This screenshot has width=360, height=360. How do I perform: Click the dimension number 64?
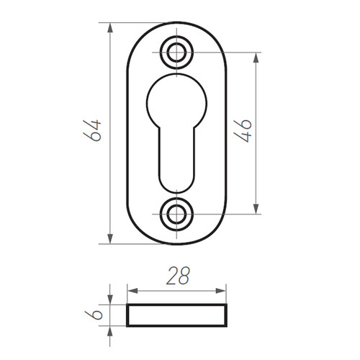click(x=92, y=130)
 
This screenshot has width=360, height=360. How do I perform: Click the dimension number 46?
click(x=243, y=130)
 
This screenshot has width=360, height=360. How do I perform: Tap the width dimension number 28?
click(x=178, y=276)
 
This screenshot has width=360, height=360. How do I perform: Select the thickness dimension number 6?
click(x=94, y=315)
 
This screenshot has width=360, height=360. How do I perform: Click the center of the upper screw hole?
click(x=176, y=53)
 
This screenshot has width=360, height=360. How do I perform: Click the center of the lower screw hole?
click(x=176, y=214)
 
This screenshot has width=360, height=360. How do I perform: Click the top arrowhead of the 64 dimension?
click(x=110, y=28)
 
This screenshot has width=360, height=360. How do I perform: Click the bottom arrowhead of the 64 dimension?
click(x=110, y=238)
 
